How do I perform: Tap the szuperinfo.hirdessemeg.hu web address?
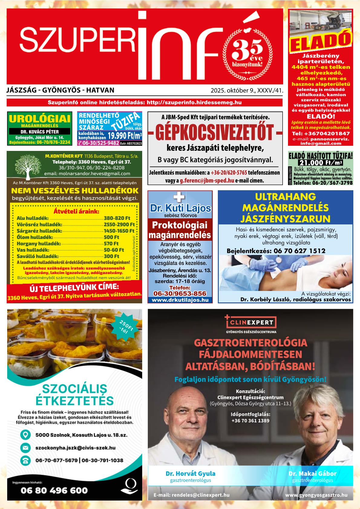[194, 103]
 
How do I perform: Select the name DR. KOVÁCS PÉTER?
[40, 132]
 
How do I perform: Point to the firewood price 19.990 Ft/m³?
[125, 135]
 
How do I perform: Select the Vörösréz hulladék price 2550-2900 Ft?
[119, 224]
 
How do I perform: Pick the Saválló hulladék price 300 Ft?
[111, 256]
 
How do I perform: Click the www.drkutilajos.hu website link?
[180, 300]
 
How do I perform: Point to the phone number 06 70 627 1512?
[299, 251]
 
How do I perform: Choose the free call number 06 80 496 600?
[54, 490]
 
